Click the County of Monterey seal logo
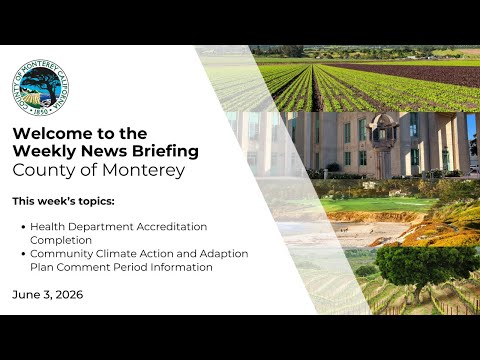point(40,88)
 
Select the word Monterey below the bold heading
point(143,170)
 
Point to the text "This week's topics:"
point(63,201)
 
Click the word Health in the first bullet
point(48,227)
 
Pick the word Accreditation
point(172,227)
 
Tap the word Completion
point(61,240)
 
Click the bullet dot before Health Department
point(23,227)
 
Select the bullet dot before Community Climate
point(23,254)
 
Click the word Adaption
point(224,254)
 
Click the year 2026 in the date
point(69,295)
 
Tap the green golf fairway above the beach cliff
point(377,204)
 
